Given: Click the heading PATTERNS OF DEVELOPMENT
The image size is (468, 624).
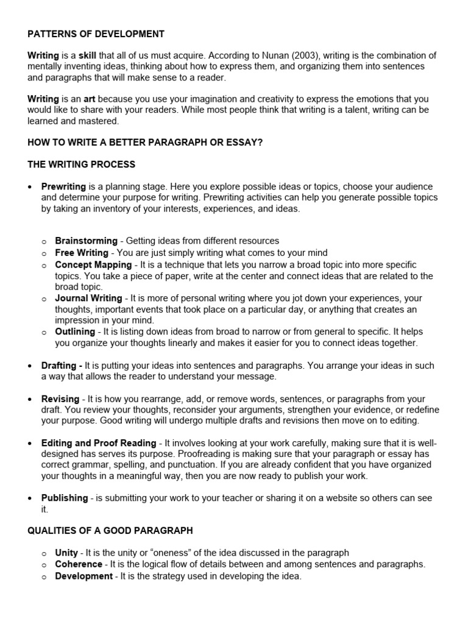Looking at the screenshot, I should point(96,34).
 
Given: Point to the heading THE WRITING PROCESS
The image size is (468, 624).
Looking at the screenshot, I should point(82,165).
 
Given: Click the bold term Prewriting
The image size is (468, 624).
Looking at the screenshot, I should point(64,186).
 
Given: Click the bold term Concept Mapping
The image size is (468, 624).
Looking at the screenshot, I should point(93,264).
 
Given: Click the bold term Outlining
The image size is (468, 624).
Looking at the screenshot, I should point(75,332).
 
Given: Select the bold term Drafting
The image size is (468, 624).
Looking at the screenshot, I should point(62,366).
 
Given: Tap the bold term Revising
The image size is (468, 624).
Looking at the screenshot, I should point(61,399).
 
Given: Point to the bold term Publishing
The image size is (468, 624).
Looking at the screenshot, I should point(65,498).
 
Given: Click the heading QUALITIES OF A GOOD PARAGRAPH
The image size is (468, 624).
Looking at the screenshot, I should point(110,531).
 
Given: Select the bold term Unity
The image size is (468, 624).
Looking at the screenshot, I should point(66,553).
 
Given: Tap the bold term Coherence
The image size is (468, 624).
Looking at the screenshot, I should point(79,564).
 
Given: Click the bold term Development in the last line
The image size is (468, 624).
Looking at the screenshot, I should point(83,576).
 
